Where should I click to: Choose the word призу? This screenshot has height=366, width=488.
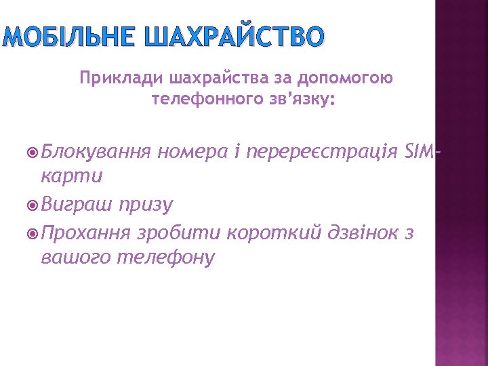(146, 205)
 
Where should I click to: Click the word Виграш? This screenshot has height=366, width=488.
(77, 205)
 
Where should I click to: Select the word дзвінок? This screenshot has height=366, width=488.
(358, 234)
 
